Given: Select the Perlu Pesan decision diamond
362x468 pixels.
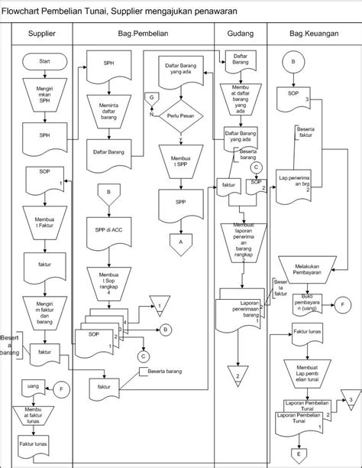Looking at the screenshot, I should click(181, 116).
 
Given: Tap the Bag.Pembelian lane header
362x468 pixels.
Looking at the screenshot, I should click(143, 35).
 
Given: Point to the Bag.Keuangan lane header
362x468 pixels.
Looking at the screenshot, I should click(312, 35).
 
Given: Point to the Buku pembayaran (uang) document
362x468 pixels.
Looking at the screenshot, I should click(304, 304).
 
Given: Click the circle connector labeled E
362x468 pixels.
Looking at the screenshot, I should click(300, 454).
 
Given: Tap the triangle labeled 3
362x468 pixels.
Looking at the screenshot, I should click(348, 400).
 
